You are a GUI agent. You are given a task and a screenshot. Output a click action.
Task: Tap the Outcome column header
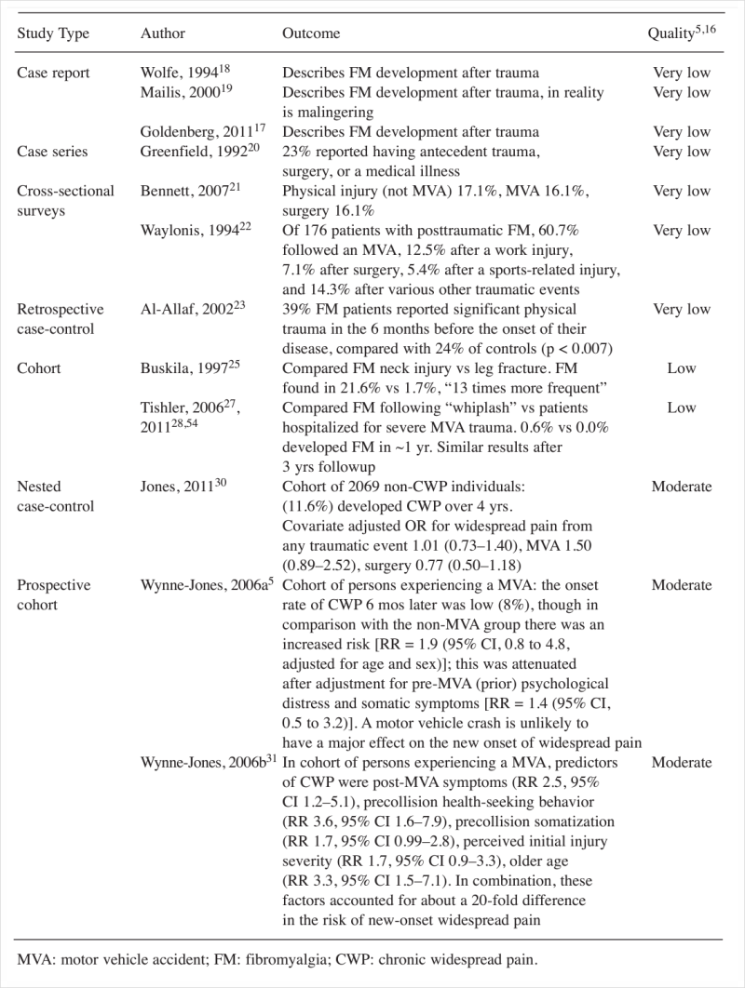pyautogui.click(x=311, y=34)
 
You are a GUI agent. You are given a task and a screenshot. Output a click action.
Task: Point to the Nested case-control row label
pyautogui.click(x=53, y=496)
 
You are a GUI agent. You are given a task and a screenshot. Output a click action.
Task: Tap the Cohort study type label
pyautogui.click(x=39, y=368)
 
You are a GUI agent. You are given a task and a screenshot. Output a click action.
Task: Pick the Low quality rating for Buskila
pyautogui.click(x=682, y=368)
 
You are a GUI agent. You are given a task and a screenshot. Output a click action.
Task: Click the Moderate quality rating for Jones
pyautogui.click(x=682, y=487)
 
